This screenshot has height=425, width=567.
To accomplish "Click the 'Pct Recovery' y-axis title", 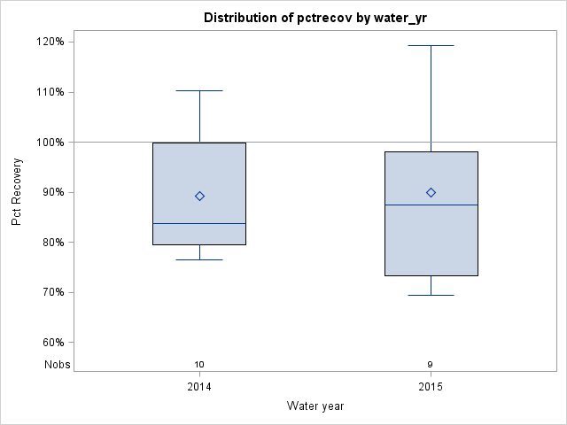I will pyautogui.click(x=18, y=192).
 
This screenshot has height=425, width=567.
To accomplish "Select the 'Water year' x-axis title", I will pyautogui.click(x=315, y=406).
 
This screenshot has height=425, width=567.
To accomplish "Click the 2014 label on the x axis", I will pyautogui.click(x=199, y=387).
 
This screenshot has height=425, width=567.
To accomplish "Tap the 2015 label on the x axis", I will pyautogui.click(x=431, y=387).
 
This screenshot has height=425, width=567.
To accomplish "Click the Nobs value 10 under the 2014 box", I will pyautogui.click(x=199, y=365).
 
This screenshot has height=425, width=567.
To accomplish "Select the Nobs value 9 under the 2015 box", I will pyautogui.click(x=431, y=365).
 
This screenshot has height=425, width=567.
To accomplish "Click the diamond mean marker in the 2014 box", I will pyautogui.click(x=199, y=197).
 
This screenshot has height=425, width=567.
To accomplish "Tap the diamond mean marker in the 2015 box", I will pyautogui.click(x=431, y=192).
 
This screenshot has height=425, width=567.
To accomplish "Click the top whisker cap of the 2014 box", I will pyautogui.click(x=199, y=90).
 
